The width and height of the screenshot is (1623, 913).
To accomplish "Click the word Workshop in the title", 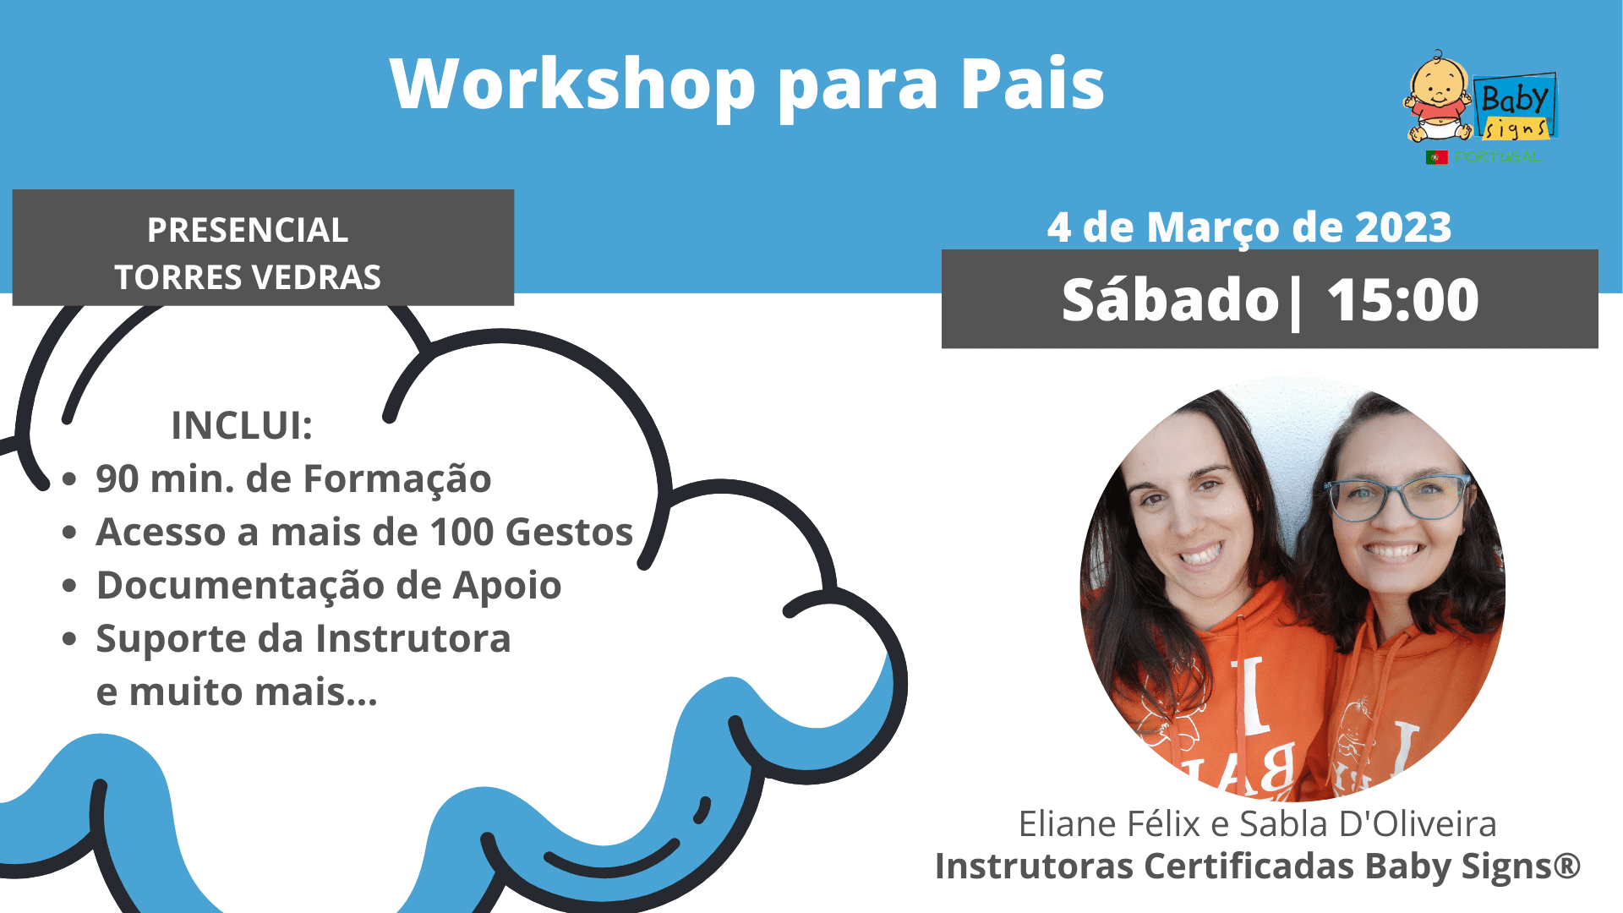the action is (x=572, y=84).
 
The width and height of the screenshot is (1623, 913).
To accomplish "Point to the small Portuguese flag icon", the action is (x=1436, y=157).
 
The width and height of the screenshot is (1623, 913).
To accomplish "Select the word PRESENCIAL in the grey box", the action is (x=248, y=230).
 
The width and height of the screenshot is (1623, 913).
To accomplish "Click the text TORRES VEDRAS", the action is (x=248, y=277).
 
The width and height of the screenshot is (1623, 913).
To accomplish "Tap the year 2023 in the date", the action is (x=1403, y=227).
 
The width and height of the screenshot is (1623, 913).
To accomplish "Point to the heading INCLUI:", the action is (x=242, y=425).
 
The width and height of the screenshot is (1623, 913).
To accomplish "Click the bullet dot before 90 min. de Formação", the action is (x=69, y=480).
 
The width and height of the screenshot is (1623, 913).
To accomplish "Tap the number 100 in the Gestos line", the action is (x=462, y=533).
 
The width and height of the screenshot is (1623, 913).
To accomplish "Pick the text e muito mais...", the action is (x=237, y=692).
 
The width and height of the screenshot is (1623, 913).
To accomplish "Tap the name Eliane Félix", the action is (x=1109, y=823).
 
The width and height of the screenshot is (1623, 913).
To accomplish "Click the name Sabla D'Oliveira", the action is (x=1368, y=823).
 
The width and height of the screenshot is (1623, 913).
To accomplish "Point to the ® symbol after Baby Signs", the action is (x=1566, y=864).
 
